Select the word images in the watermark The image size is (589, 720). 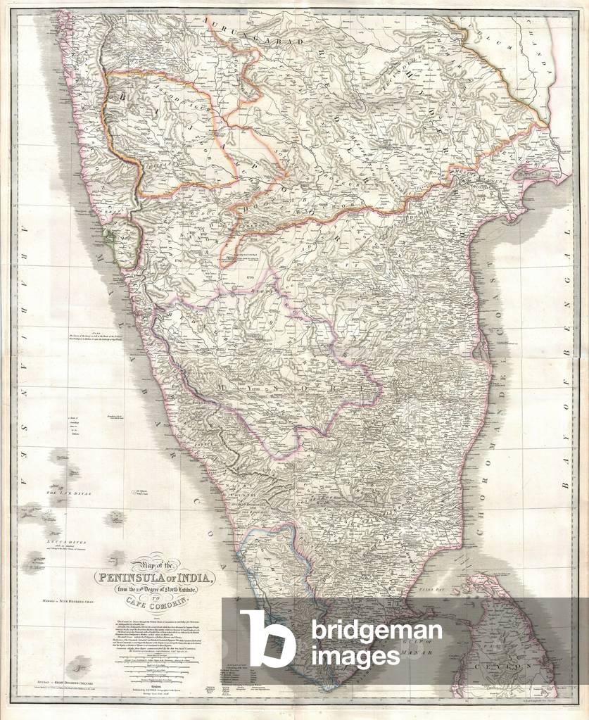pyautogui.click(x=355, y=655)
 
